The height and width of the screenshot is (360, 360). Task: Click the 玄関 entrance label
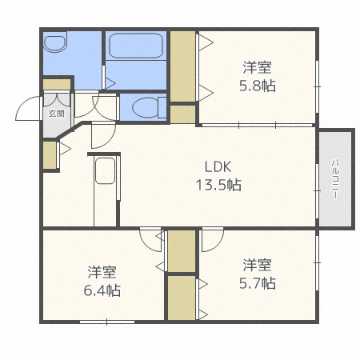click(x=57, y=114)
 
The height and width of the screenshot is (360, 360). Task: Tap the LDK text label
click(x=218, y=167)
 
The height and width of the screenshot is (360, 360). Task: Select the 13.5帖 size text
click(x=218, y=185)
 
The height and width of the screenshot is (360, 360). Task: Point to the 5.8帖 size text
click(x=258, y=86)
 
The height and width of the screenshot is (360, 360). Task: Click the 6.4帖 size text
click(x=102, y=290)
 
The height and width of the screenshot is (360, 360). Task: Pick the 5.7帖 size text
click(x=258, y=283)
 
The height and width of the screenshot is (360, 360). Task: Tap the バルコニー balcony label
click(x=335, y=179)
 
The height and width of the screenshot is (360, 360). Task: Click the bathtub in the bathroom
click(x=136, y=46)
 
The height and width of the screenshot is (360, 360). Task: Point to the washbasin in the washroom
click(x=55, y=42)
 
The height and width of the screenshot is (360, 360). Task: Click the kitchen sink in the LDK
click(x=105, y=171)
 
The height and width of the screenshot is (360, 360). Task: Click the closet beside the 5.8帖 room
click(x=182, y=66)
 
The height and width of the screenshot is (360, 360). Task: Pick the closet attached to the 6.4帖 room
click(x=182, y=251)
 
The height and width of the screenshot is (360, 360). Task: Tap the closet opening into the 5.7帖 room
click(x=182, y=298)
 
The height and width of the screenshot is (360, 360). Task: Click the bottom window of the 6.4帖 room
click(x=107, y=322)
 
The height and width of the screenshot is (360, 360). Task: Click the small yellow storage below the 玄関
click(x=50, y=155)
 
